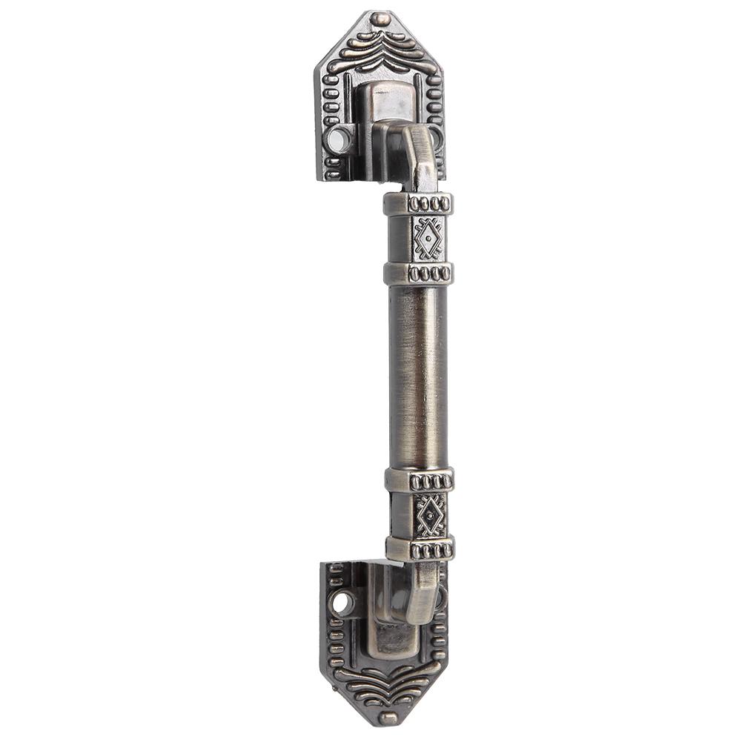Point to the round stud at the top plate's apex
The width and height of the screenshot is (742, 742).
pyautogui.click(x=380, y=19)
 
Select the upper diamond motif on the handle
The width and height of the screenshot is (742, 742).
pyautogui.click(x=428, y=238)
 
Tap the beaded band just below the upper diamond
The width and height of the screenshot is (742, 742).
pyautogui.click(x=419, y=274)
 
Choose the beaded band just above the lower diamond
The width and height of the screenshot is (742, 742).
pyautogui.click(x=420, y=480)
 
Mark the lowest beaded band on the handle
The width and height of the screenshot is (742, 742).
pyautogui.click(x=420, y=549)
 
